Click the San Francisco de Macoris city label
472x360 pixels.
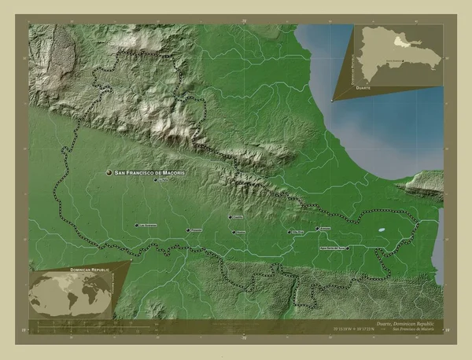click(x=150, y=172)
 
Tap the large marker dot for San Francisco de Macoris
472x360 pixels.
click(x=109, y=172)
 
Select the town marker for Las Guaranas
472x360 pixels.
click(x=137, y=226)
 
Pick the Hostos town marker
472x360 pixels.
click(x=233, y=232)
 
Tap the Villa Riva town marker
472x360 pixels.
click(x=289, y=232)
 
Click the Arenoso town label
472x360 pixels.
click(x=325, y=229)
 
